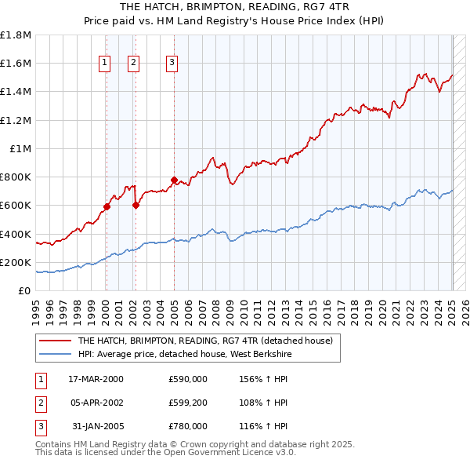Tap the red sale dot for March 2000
coord(107,207)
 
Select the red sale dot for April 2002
coord(136,206)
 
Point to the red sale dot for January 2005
coord(174,180)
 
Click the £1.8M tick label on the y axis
coord(16,35)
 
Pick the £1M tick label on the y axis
coord(20,148)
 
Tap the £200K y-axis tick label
coord(16,262)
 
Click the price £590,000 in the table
coord(188,379)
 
